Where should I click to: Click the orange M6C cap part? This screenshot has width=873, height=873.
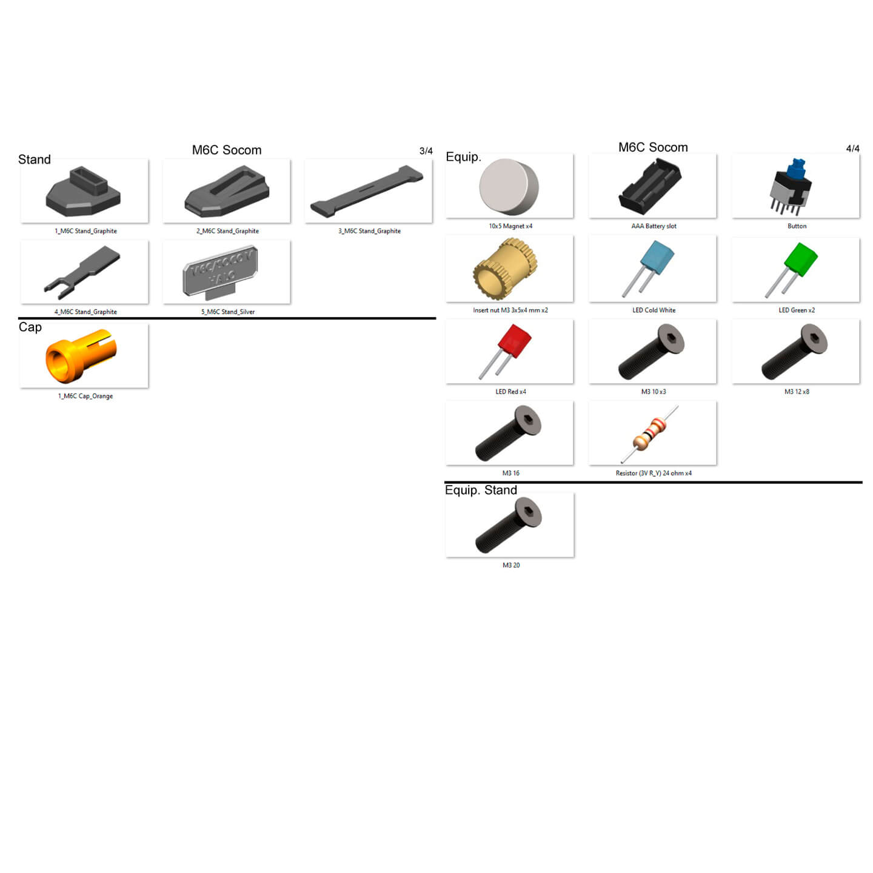pyautogui.click(x=81, y=356)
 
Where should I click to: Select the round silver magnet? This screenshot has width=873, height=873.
pyautogui.click(x=509, y=186)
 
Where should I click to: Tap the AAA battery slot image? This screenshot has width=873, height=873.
pyautogui.click(x=650, y=187)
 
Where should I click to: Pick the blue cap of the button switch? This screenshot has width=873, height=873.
pyautogui.click(x=796, y=167)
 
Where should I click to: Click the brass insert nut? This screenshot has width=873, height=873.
pyautogui.click(x=505, y=269)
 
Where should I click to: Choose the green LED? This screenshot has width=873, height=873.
pyautogui.click(x=800, y=259)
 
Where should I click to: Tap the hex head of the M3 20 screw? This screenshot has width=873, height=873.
pyautogui.click(x=528, y=512)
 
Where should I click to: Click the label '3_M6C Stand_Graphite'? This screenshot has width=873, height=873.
pyautogui.click(x=369, y=231)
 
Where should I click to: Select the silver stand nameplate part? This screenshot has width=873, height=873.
pyautogui.click(x=220, y=272)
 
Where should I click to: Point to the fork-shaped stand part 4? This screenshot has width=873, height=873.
pyautogui.click(x=82, y=272)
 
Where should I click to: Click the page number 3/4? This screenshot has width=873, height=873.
pyautogui.click(x=426, y=151)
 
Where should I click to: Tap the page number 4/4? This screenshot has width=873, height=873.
pyautogui.click(x=852, y=149)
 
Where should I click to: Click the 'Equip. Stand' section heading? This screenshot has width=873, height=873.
pyautogui.click(x=481, y=490)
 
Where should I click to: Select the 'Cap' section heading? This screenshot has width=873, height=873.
pyautogui.click(x=30, y=327)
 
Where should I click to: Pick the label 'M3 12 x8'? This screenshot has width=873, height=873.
pyautogui.click(x=797, y=392)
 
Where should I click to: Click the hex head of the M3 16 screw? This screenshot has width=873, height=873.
pyautogui.click(x=528, y=420)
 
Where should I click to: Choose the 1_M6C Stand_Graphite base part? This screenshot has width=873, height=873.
pyautogui.click(x=83, y=191)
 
